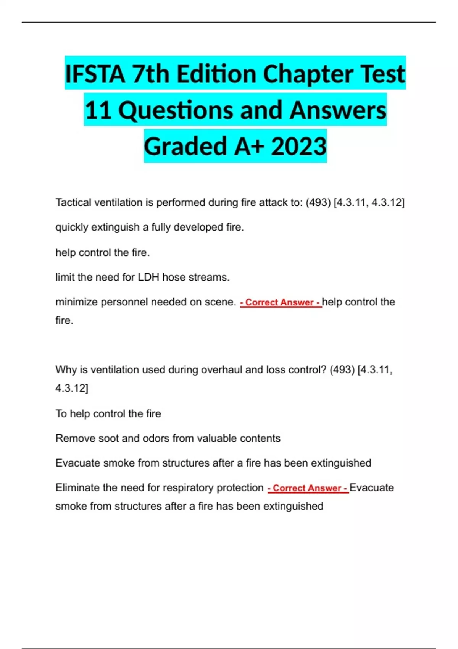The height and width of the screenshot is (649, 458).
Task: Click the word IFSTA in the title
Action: point(95,74)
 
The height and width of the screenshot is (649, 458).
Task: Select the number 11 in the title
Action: point(98,110)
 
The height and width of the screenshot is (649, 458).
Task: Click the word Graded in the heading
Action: point(186,146)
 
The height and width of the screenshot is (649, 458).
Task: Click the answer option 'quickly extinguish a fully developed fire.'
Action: point(150,227)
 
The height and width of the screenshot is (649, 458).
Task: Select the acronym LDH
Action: point(148,277)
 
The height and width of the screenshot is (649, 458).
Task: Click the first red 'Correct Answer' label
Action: point(281,302)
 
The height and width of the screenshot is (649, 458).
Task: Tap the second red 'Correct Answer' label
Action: point(308,488)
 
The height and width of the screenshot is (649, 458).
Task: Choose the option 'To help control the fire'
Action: point(108,413)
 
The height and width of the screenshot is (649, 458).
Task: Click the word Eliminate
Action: point(77,488)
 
